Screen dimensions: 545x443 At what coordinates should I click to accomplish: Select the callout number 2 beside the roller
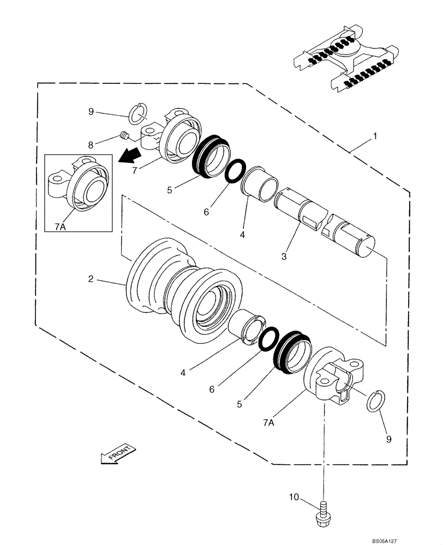point(91,279)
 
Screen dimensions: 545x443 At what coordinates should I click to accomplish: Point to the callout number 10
point(294,496)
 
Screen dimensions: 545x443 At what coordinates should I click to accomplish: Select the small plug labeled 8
point(124,136)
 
